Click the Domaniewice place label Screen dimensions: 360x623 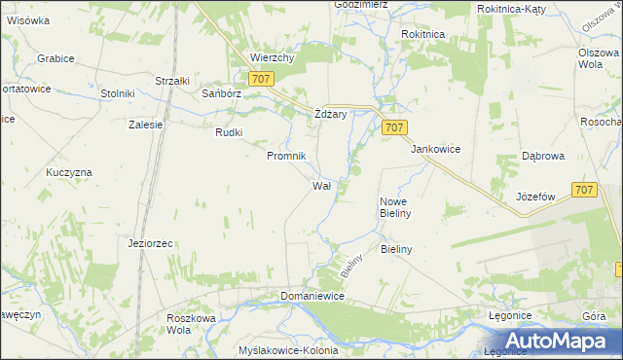[312, 296]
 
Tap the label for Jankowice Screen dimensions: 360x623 [435, 149]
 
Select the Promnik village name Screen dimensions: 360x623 [287, 156]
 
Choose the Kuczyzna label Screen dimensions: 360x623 [68, 172]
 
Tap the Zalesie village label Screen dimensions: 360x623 [145, 125]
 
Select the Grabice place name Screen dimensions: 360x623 [55, 58]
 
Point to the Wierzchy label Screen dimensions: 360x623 [272, 57]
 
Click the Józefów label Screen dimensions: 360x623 [535, 196]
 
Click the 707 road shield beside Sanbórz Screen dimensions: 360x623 [259, 79]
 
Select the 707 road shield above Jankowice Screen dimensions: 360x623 [394, 127]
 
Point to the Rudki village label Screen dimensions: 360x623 [229, 132]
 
